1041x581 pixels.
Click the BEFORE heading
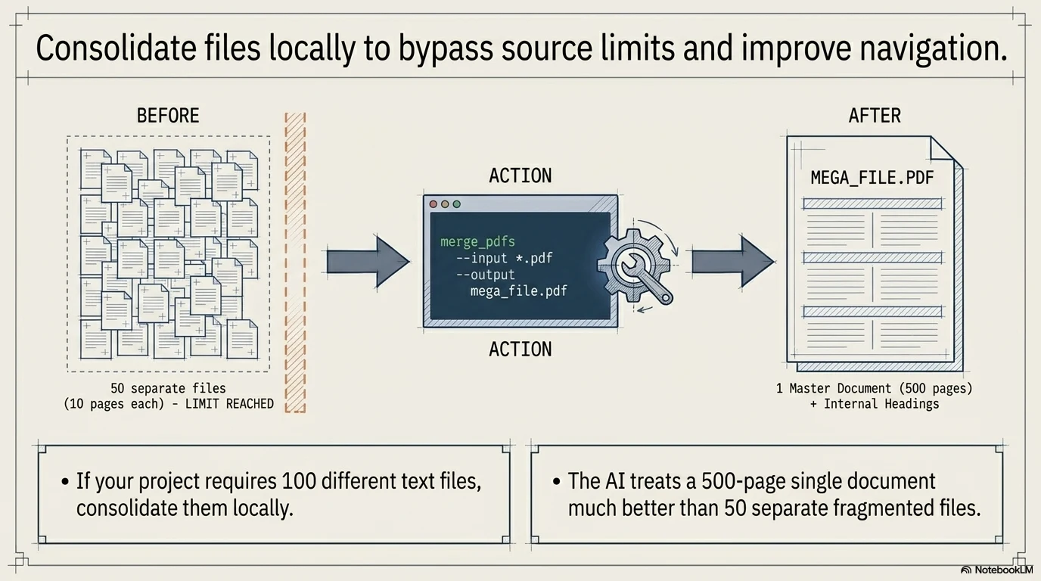point(168,116)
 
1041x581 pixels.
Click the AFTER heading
point(875,116)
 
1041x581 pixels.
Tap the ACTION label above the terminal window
point(520,176)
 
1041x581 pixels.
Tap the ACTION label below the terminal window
point(520,349)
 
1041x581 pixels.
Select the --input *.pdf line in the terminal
point(504,258)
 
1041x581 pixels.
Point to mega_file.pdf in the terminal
point(518,290)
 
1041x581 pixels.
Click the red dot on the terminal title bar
point(433,204)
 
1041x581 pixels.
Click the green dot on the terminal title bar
point(456,204)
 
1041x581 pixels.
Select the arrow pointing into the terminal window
point(368,262)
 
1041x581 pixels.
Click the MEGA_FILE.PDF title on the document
point(872,178)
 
